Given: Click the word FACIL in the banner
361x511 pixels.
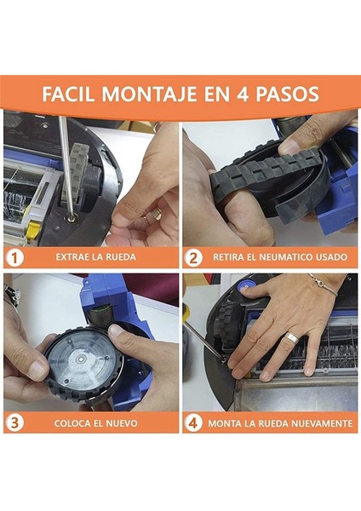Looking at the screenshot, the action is point(68,94).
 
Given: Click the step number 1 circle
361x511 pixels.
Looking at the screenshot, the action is point(14,258).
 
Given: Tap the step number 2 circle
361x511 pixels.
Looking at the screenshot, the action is point(193,258).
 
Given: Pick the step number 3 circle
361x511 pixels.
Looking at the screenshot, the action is point(14,422).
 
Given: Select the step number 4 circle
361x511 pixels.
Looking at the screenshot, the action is point(193,422).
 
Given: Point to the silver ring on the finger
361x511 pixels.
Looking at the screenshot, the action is point(292,337).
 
